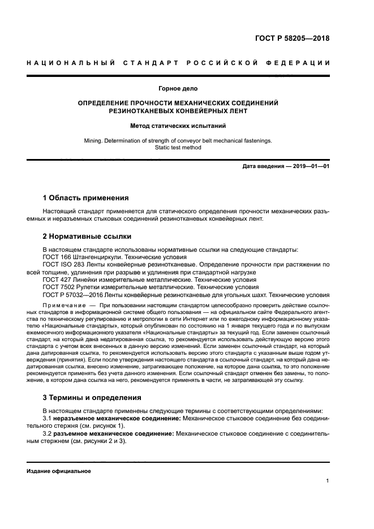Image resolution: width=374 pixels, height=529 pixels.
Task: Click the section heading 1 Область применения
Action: point(86,198)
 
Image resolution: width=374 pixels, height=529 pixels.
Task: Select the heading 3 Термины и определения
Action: point(92,397)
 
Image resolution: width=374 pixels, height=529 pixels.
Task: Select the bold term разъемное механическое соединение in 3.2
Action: point(110,433)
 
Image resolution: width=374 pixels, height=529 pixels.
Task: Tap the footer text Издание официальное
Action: point(59,471)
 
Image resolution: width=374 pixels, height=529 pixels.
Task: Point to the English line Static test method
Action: point(178,147)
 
